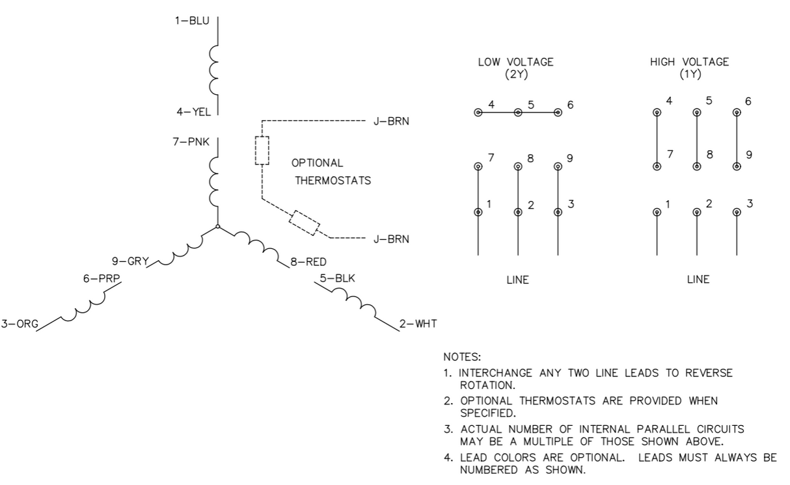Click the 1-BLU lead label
click(x=191, y=21)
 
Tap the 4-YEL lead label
click(x=192, y=112)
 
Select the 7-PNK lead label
click(x=191, y=142)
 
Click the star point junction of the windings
click(x=217, y=227)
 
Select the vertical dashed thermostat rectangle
click(x=262, y=151)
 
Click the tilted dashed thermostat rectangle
click(x=305, y=222)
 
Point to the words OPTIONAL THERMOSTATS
click(x=332, y=172)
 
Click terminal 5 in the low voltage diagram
click(x=518, y=112)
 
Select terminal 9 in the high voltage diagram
click(x=737, y=166)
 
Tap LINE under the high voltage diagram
click(x=698, y=280)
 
